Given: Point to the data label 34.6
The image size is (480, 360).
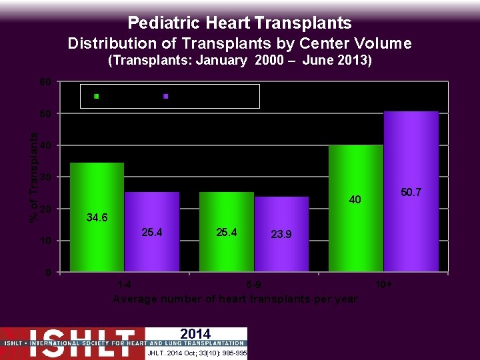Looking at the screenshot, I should point(97,218).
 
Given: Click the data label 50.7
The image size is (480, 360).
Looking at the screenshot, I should point(411,192).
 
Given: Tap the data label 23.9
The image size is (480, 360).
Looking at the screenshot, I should point(281,235).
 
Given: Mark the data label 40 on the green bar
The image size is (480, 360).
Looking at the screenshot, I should point(356,199).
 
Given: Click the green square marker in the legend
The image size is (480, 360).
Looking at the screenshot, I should point(97,97).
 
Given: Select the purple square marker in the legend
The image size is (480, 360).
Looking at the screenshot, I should point(165,97).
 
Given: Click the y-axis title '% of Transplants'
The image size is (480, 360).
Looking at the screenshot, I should point(33,177).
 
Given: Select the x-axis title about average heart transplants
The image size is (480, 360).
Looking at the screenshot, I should point(235,299).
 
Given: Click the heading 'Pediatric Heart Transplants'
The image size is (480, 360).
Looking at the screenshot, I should point(239,23).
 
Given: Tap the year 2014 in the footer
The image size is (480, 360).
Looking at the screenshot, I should point(195,334).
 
